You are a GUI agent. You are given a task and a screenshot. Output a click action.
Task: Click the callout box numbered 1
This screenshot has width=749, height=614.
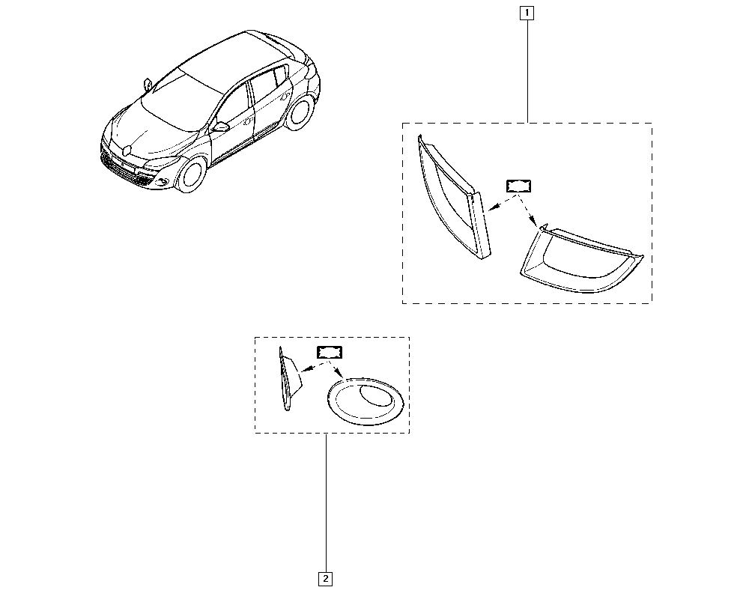[527, 13]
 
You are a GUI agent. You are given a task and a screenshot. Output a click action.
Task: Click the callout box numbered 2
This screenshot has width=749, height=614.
[325, 579]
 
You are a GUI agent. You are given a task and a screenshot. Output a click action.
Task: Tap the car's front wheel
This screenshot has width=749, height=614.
[192, 174]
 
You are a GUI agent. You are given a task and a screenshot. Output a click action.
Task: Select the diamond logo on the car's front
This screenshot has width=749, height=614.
[127, 151]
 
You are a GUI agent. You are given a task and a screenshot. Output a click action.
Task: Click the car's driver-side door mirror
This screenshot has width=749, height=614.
[221, 127]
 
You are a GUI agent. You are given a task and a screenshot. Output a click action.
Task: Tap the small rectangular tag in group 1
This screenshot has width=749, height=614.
[518, 186]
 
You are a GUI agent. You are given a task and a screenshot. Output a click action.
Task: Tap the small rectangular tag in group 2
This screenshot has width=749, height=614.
[330, 353]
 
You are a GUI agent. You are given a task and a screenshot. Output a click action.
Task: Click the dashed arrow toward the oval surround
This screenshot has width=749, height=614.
[336, 370]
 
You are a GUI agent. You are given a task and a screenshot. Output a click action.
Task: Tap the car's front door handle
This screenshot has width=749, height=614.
[248, 122]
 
